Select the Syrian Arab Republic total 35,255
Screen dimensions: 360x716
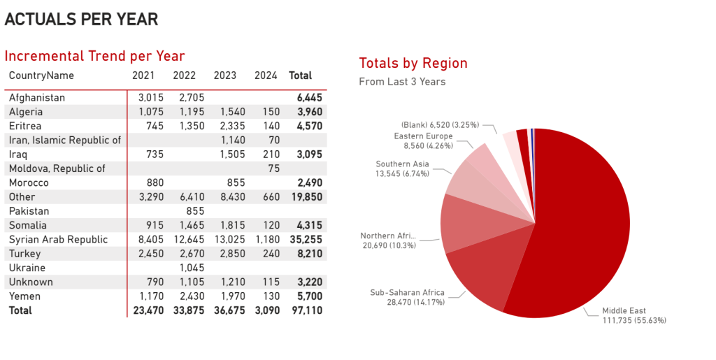306,239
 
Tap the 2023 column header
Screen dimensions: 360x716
225,75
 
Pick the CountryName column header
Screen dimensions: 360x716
41,75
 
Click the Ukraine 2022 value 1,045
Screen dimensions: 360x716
190,268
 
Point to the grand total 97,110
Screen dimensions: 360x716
307,310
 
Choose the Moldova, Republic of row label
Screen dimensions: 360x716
57,168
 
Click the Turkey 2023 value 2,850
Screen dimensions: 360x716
225,254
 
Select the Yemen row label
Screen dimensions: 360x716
24,296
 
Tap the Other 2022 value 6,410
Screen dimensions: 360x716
190,196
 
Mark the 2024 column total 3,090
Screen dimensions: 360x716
266,310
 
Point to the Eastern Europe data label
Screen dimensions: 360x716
423,141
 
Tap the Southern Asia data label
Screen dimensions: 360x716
402,169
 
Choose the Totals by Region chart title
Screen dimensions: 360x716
413,63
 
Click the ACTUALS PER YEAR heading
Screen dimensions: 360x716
81,19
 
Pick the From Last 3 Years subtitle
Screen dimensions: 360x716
402,82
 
